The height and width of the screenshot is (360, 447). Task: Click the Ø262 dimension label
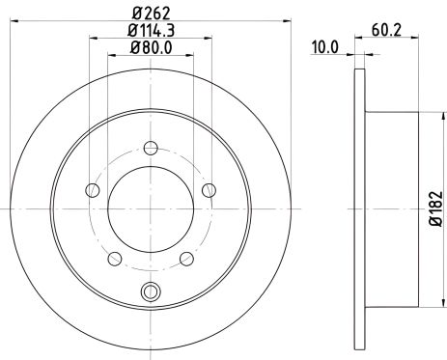pos(151,14)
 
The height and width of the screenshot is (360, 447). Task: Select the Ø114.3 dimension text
pos(151,31)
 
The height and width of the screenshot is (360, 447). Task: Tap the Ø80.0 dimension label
pos(151,48)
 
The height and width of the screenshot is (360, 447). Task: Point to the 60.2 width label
pos(386,31)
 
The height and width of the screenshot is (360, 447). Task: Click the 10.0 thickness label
pos(325,47)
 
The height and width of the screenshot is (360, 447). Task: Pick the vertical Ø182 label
pos(436,208)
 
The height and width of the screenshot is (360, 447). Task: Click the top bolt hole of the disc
pos(151,149)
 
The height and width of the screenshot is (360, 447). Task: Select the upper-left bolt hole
pos(93,190)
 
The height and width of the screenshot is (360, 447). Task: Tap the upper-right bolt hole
pos(210,190)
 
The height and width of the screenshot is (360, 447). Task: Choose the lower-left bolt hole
pos(115,259)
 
